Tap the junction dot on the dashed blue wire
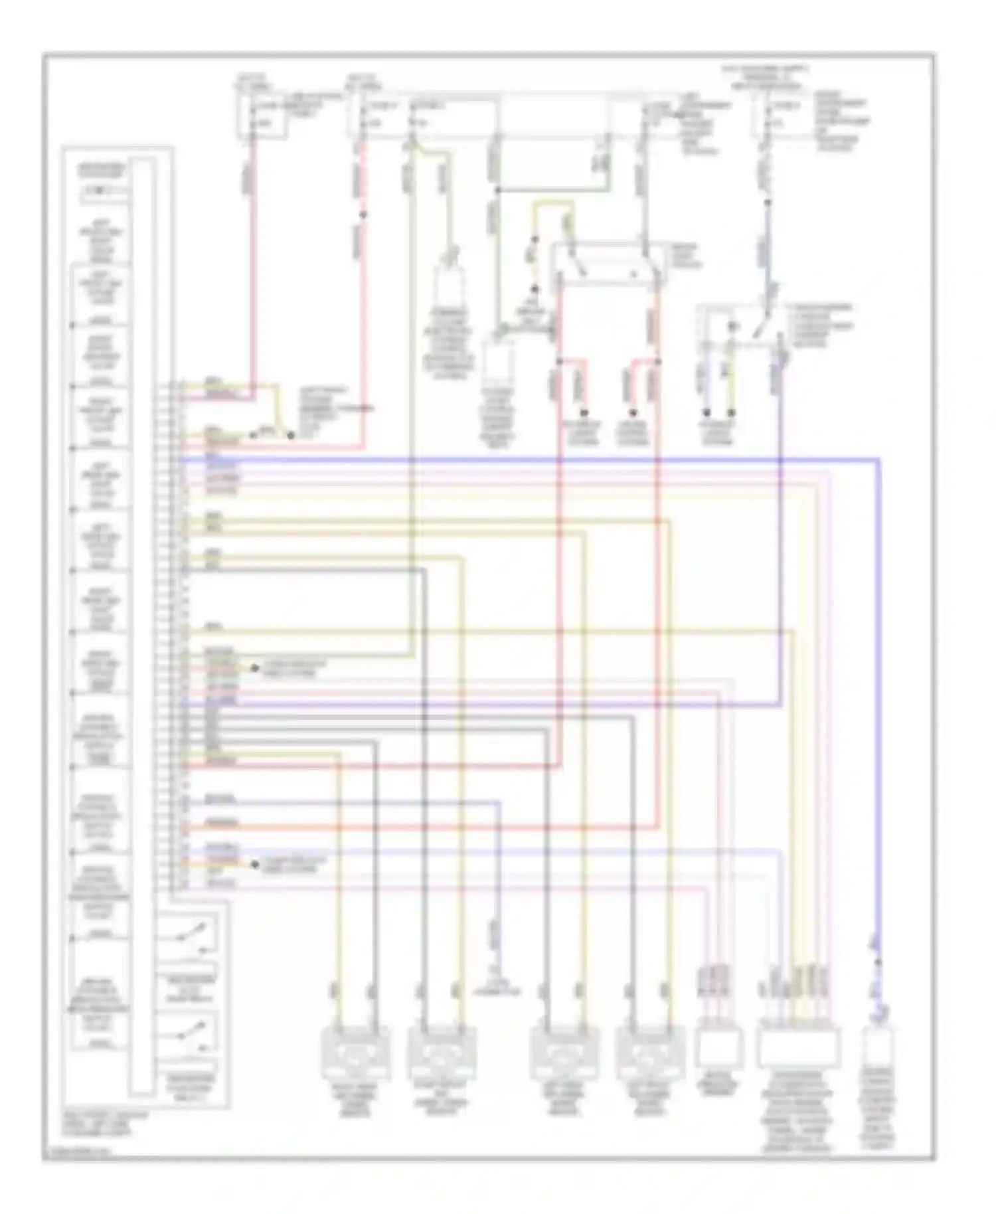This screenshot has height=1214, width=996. point(878,962)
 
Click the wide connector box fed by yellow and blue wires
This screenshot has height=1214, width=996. point(799,1047)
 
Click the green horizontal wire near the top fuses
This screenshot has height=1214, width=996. point(551,191)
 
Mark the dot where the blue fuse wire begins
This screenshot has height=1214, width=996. point(768,203)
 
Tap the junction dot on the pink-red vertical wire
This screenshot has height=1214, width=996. point(363,215)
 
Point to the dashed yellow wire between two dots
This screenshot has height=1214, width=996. point(533,264)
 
